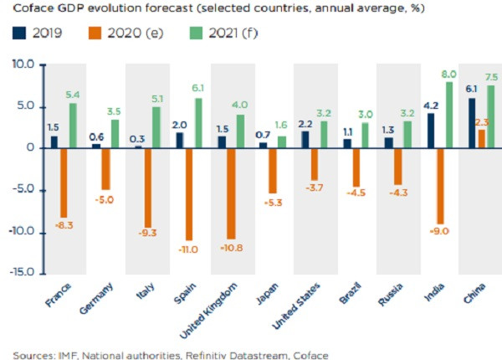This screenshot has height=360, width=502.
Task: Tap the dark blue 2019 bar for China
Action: tap(471, 122)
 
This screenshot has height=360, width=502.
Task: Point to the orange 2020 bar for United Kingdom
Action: tap(231, 193)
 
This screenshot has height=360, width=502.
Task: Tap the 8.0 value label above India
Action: tap(449, 74)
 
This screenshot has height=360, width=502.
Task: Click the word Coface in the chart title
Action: tap(31, 10)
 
